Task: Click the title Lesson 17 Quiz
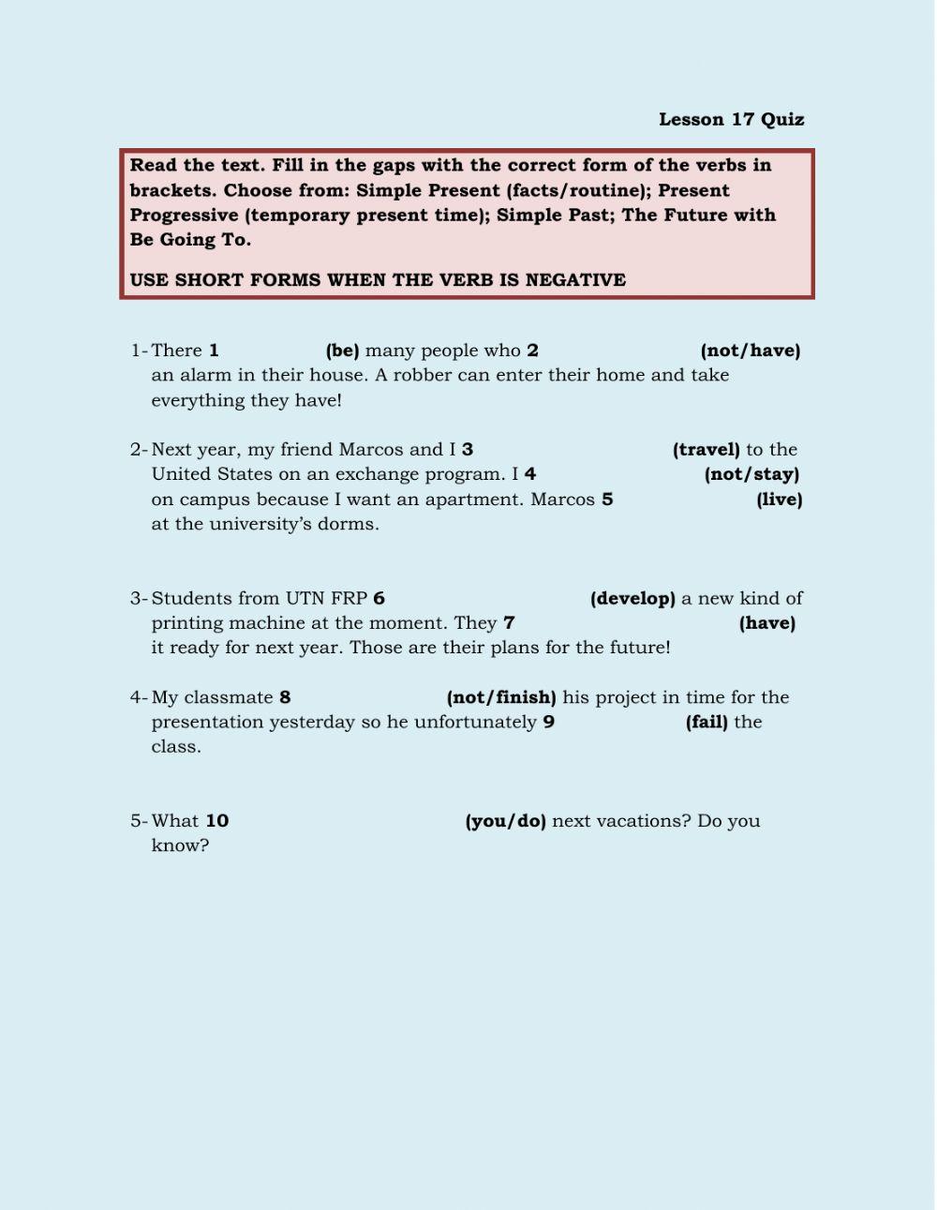point(731,119)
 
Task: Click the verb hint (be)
point(342,351)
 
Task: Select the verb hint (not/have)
point(750,351)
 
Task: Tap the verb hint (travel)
point(706,450)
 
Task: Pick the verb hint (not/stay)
point(751,474)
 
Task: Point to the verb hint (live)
point(779,500)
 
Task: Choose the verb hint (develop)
point(632,599)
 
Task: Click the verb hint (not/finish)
point(501,697)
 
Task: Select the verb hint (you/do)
point(505,821)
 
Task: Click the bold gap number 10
point(216,821)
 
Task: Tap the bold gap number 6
point(379,599)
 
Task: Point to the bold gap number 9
point(548,723)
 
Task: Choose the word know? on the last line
point(180,845)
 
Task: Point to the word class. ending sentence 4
point(176,747)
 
